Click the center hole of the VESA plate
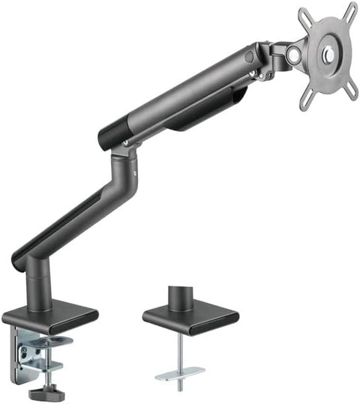coord(328,55)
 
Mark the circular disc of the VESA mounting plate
coord(328,55)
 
